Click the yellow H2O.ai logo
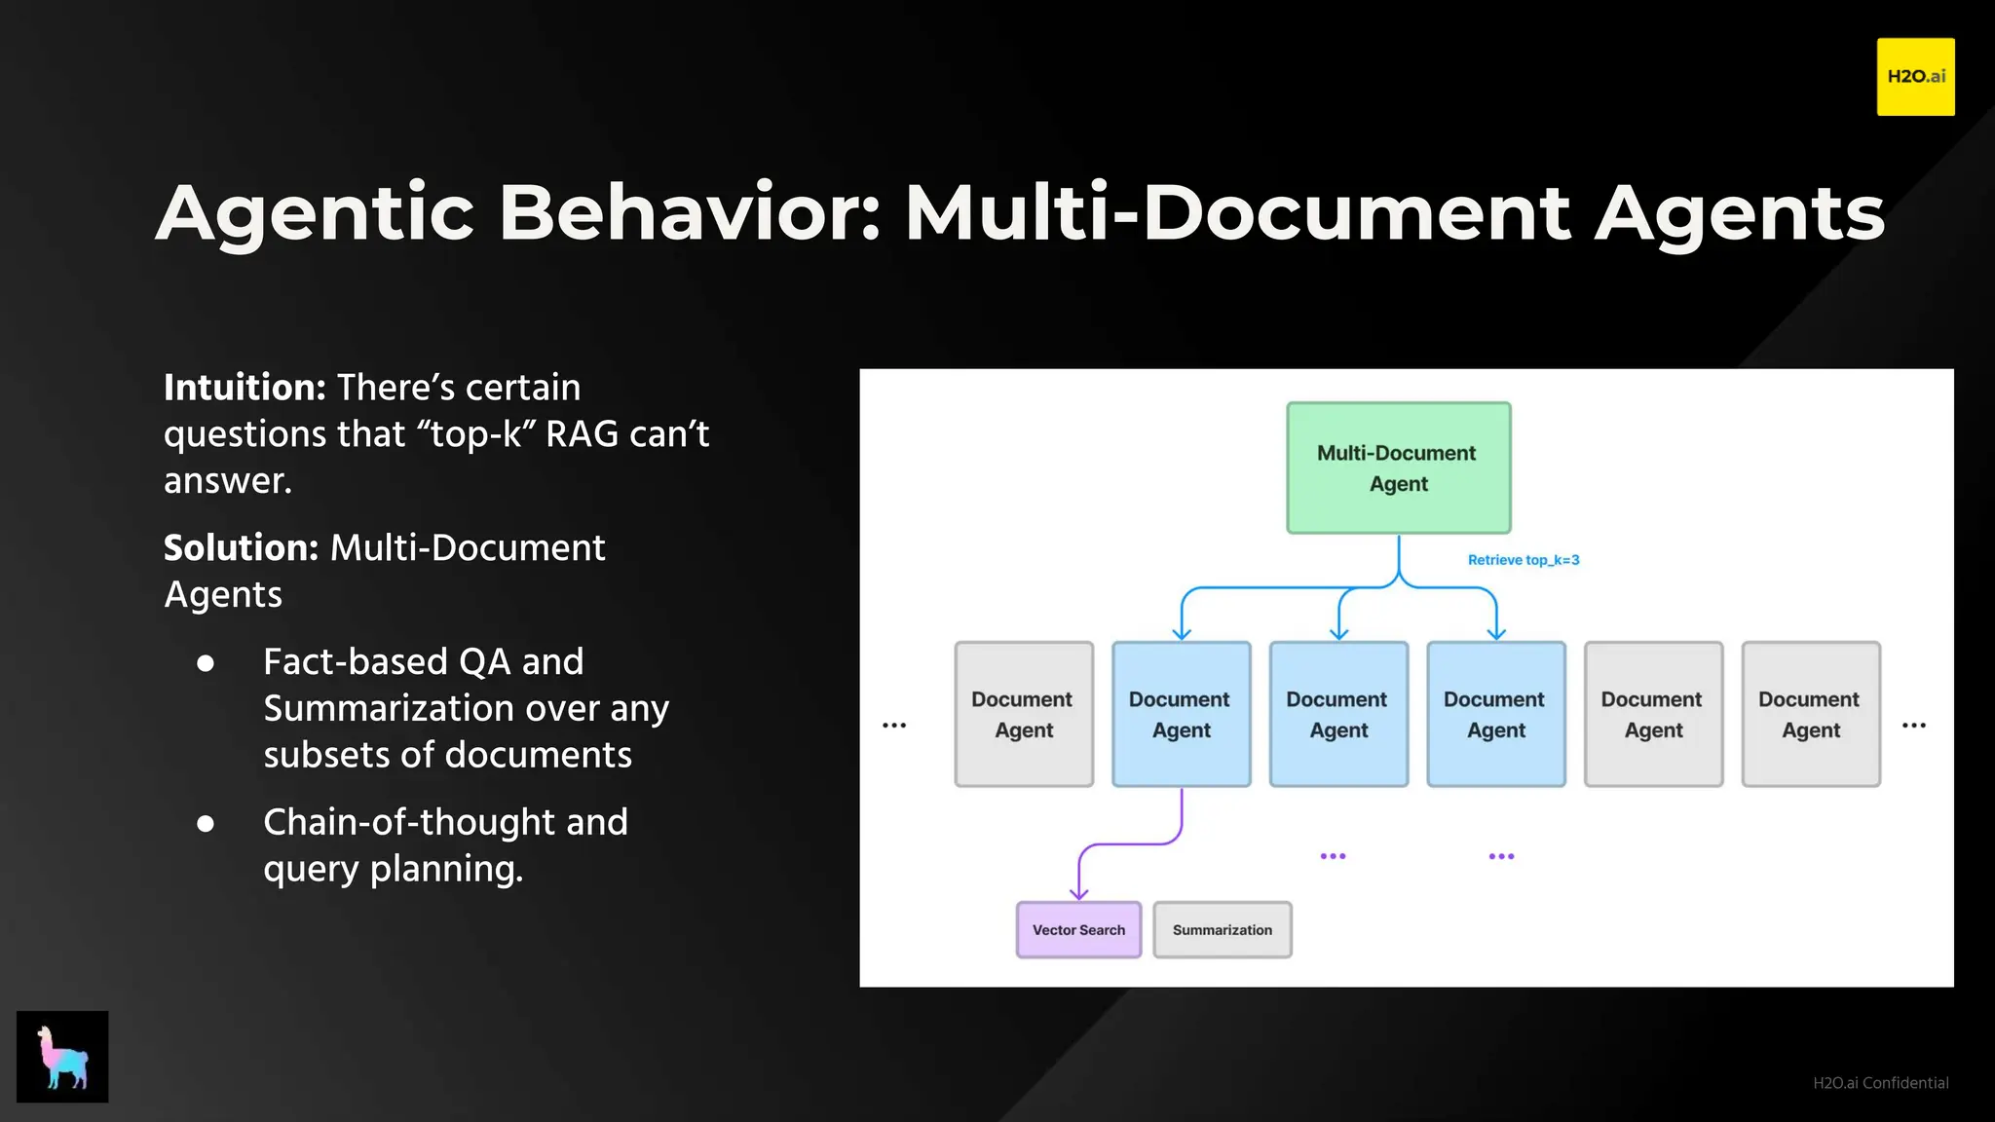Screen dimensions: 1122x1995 [1915, 77]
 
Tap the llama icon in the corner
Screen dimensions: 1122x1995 [62, 1057]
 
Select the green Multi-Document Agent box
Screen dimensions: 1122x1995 [1398, 467]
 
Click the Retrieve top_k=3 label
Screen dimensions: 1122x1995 [1523, 560]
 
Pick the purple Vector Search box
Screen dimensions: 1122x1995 [1078, 930]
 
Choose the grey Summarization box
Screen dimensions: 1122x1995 [1222, 930]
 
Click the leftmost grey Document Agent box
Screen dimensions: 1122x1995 [1023, 714]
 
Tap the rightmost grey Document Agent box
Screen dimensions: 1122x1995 [1810, 714]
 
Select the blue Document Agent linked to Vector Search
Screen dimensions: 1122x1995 [1181, 714]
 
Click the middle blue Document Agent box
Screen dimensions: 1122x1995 [1338, 714]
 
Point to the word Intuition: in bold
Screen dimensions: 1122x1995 [245, 388]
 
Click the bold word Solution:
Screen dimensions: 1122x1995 [241, 548]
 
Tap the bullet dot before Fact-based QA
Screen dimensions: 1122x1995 [206, 663]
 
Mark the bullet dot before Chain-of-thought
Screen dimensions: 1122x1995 [206, 824]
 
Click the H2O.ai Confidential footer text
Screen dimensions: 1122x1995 [1880, 1083]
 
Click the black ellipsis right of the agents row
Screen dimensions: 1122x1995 [1913, 726]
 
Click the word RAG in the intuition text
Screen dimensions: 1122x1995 [582, 434]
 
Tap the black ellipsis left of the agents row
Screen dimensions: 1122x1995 [894, 726]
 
